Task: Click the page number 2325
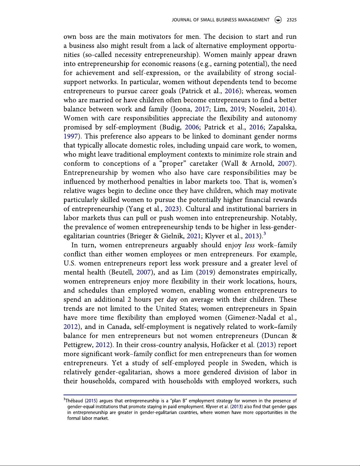(x=292, y=20)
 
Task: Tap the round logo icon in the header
(x=278, y=20)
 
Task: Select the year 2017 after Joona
(x=202, y=109)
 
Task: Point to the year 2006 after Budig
(x=192, y=127)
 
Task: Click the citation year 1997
(x=71, y=136)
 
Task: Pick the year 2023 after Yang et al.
(x=172, y=209)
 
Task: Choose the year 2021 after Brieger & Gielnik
(x=194, y=236)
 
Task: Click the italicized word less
(x=250, y=245)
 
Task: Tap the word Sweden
(x=252, y=363)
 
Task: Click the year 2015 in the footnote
(x=91, y=401)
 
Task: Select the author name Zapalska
(x=282, y=127)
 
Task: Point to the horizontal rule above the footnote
(x=180, y=395)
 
